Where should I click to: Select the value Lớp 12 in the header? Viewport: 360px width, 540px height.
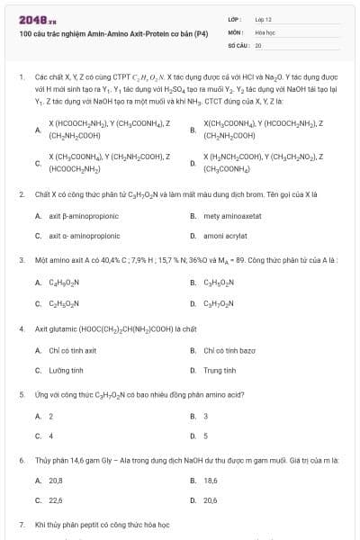(x=264, y=18)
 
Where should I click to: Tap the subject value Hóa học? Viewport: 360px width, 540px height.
(x=265, y=31)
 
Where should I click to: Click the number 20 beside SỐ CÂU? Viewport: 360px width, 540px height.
(x=258, y=43)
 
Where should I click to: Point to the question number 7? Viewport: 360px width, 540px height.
(x=21, y=523)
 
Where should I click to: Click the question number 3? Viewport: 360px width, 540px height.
(x=21, y=259)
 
